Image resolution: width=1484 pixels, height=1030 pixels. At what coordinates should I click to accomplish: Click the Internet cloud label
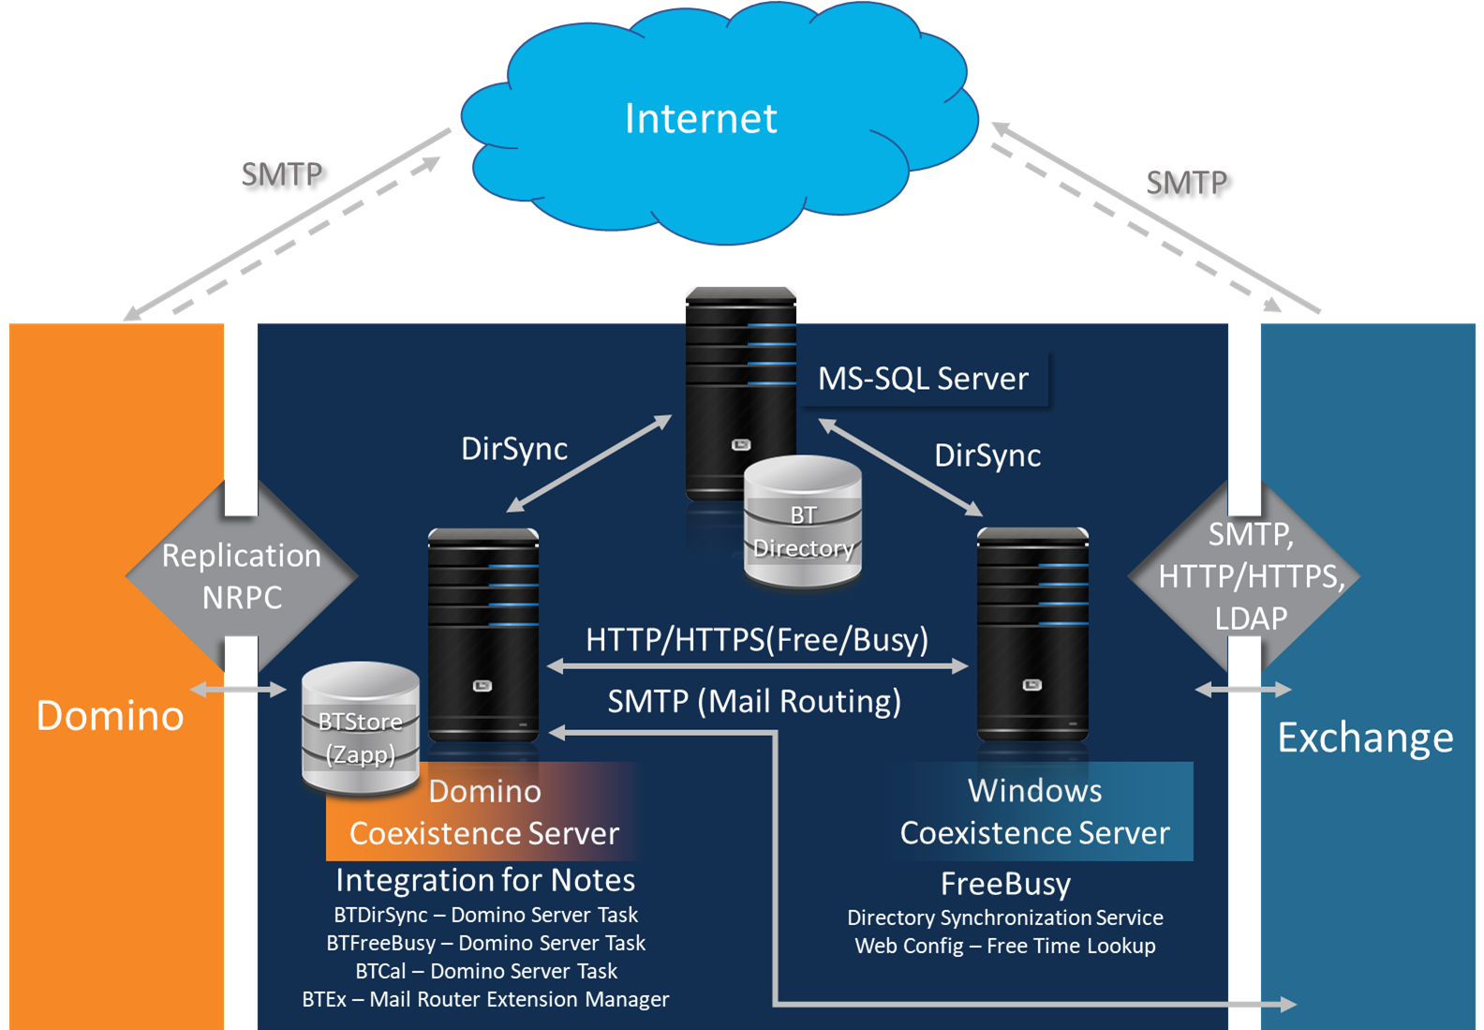[701, 119]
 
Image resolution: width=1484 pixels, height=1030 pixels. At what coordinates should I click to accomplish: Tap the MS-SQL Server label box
[923, 379]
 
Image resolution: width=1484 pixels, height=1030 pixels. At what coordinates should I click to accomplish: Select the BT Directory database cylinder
[803, 523]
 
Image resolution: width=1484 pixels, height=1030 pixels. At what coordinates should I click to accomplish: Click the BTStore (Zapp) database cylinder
[361, 728]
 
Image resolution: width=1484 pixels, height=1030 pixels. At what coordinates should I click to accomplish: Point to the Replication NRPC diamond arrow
[242, 575]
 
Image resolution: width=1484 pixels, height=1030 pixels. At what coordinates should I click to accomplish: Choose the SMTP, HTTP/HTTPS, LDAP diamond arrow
[1246, 575]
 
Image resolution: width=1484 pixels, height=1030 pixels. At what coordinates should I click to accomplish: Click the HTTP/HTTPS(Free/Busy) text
[757, 639]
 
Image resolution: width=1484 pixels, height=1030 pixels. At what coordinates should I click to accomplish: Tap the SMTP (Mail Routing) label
[754, 701]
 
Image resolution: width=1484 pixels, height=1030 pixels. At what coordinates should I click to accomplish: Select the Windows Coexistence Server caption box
[1035, 812]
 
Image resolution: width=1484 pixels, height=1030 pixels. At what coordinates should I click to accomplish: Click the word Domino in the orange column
[111, 716]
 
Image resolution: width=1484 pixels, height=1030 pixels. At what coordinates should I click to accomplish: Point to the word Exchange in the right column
[1365, 739]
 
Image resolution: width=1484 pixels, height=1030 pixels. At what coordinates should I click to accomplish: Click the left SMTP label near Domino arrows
[281, 174]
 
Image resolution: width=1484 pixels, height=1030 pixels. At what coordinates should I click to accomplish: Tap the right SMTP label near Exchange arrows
[1186, 183]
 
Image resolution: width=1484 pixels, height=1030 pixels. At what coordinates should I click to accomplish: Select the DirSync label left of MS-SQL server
[514, 449]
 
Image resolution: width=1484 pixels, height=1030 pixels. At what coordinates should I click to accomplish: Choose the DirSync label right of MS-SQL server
[987, 455]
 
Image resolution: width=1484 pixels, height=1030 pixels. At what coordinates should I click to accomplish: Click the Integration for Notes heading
[485, 880]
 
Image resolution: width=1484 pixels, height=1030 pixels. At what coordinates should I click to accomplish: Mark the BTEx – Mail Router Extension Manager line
[485, 999]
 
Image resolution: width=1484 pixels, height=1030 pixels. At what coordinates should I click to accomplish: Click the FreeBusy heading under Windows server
[1005, 884]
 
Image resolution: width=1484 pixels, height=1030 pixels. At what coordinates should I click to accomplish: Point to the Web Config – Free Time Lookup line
[1005, 946]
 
